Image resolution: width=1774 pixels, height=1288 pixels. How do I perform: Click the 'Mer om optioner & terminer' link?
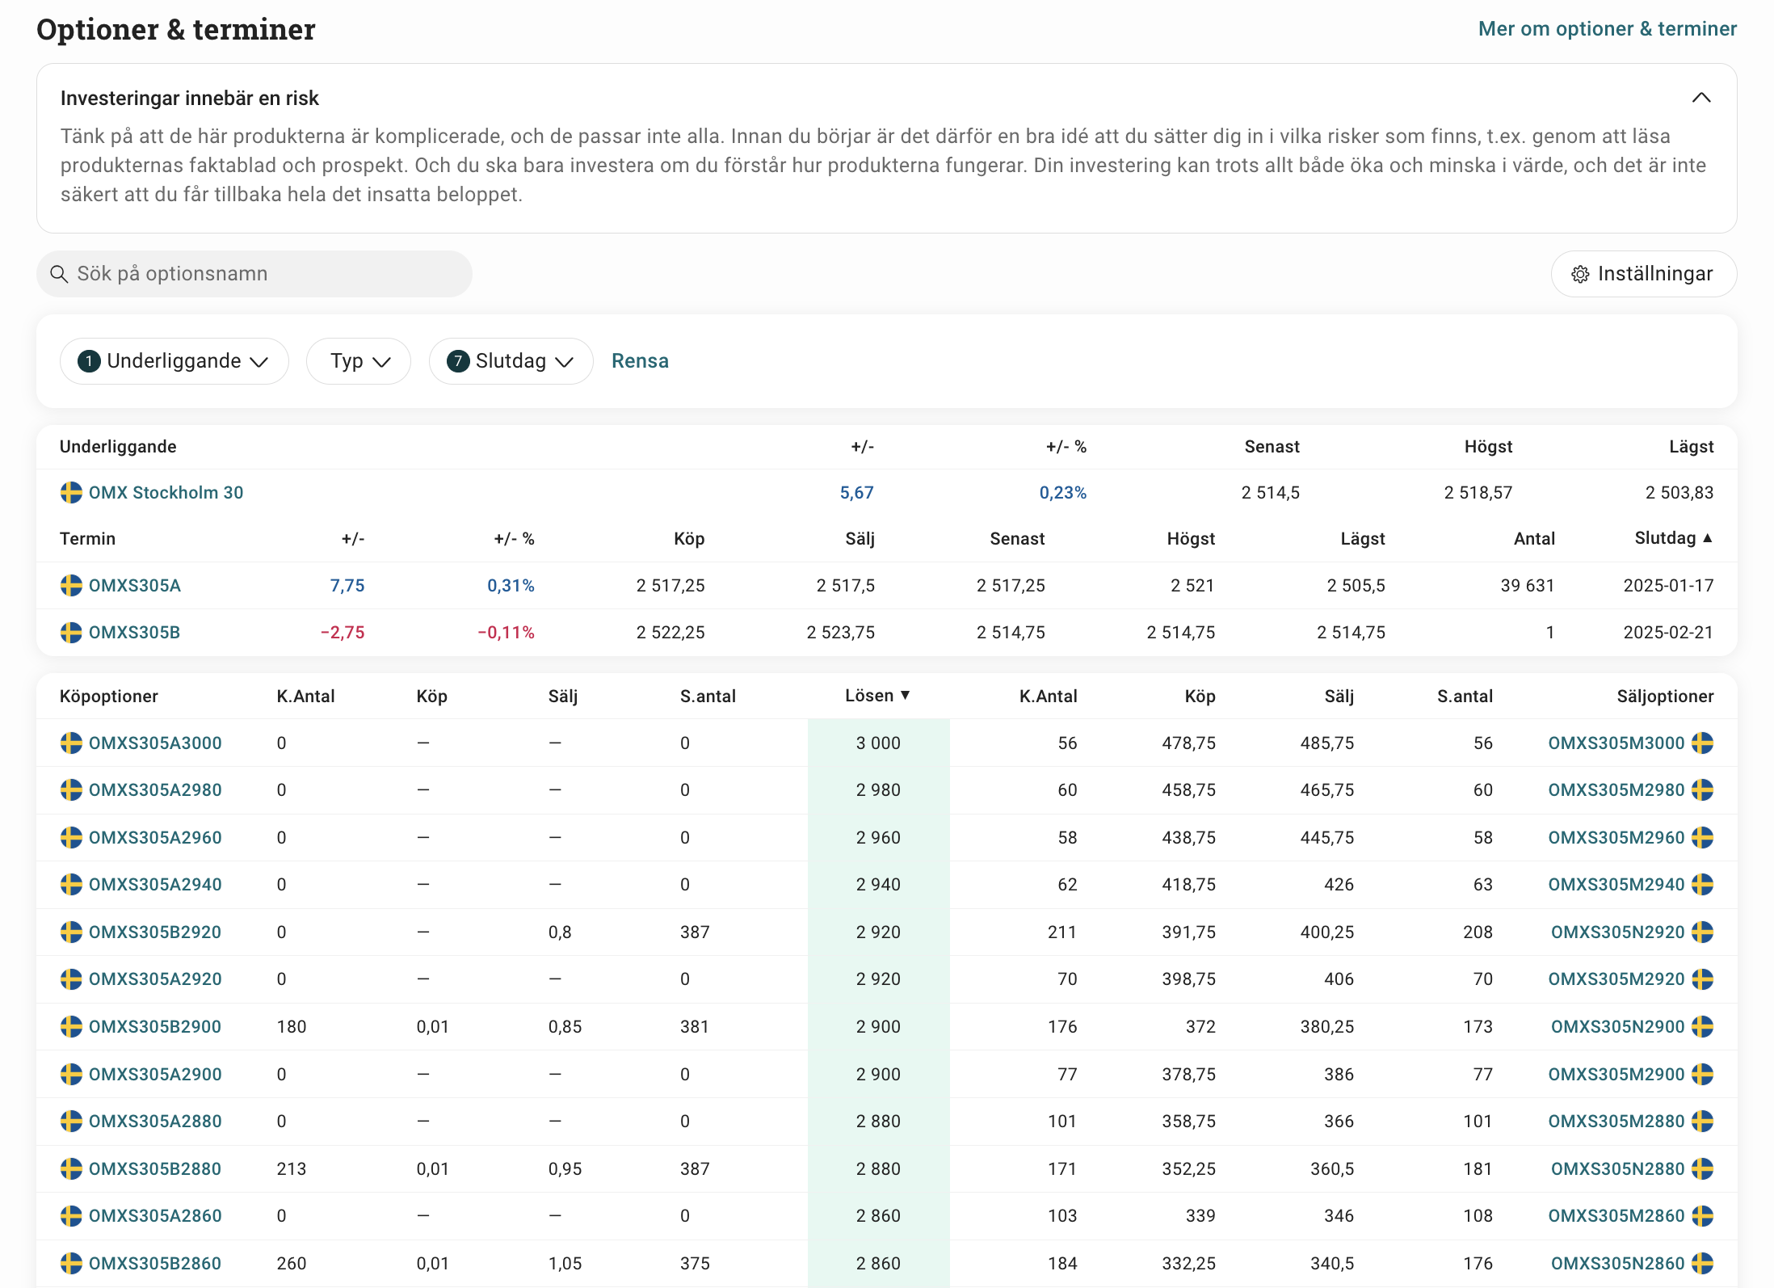click(x=1607, y=29)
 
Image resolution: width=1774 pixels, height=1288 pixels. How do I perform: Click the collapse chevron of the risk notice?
click(x=1701, y=98)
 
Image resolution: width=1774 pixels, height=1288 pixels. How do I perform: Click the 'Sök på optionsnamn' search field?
click(x=254, y=274)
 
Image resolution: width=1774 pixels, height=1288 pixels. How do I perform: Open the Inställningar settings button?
click(x=1644, y=274)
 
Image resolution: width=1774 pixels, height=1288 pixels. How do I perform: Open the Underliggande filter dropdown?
click(x=174, y=361)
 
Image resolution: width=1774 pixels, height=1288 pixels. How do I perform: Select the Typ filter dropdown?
click(x=359, y=361)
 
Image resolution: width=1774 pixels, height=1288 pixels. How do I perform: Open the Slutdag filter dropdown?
click(x=511, y=361)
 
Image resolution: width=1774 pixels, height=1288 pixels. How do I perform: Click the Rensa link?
click(x=640, y=361)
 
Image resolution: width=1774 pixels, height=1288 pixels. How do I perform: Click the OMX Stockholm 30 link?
click(x=166, y=493)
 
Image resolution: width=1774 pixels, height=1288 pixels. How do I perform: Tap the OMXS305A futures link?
click(x=135, y=586)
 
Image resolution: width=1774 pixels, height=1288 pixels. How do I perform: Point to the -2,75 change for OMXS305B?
click(x=343, y=633)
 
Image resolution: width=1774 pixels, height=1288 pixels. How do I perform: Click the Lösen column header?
click(x=877, y=696)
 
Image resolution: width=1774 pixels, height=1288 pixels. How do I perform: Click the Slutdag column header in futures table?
click(x=1673, y=538)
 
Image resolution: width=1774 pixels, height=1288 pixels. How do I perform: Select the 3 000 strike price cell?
click(x=878, y=743)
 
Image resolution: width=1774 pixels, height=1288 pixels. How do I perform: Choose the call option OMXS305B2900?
click(x=155, y=1027)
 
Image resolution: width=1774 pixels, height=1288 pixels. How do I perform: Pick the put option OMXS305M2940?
click(x=1616, y=885)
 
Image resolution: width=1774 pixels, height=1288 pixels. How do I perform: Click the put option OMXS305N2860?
click(x=1618, y=1264)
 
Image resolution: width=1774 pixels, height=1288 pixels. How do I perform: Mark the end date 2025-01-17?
click(x=1668, y=586)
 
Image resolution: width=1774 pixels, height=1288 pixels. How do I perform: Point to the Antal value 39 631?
click(x=1528, y=586)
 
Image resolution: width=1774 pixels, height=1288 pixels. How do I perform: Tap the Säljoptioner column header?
click(x=1665, y=697)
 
